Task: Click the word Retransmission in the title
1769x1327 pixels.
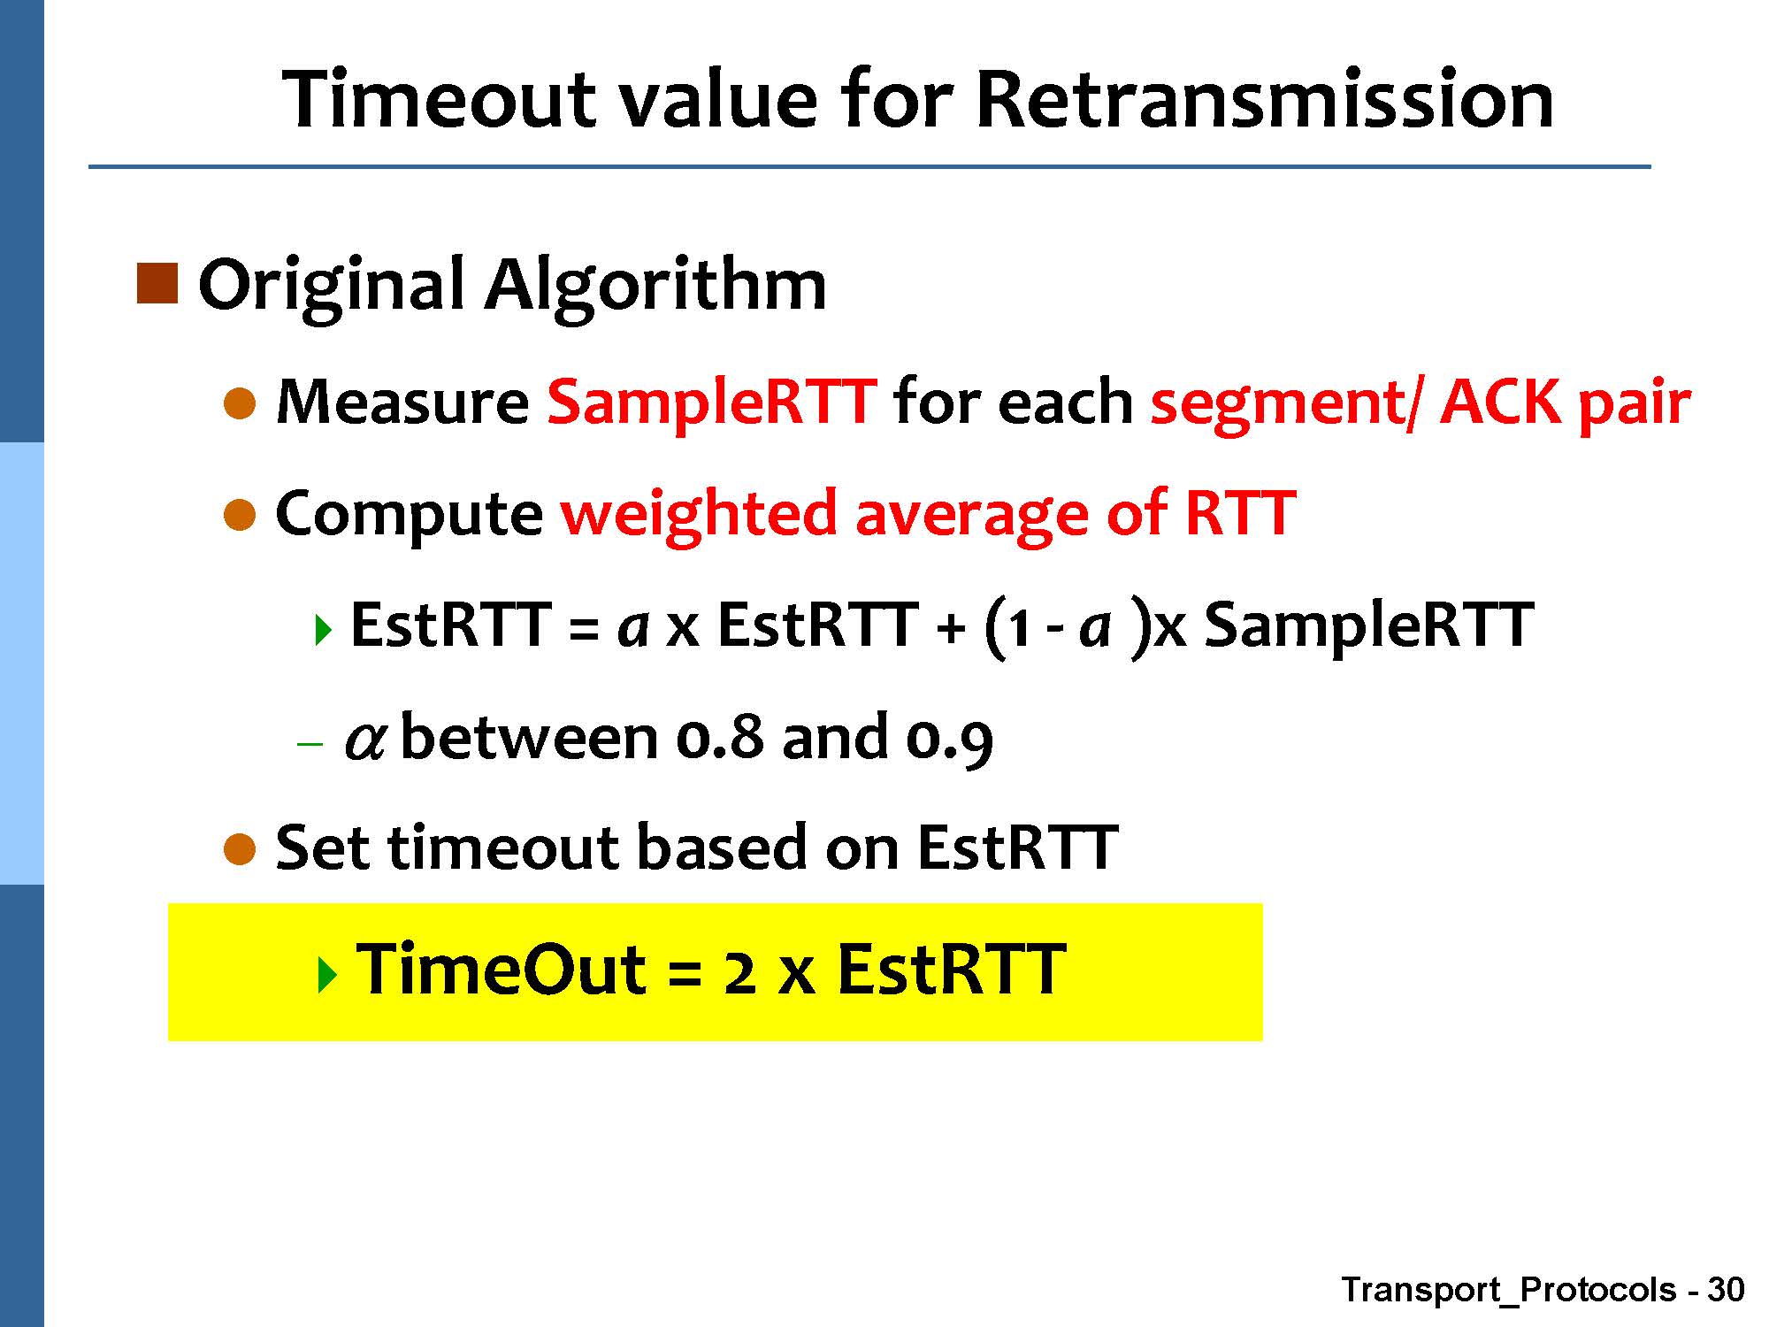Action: click(x=1265, y=99)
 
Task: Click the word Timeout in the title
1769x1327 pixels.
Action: click(x=439, y=99)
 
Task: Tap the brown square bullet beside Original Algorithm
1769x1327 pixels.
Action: click(x=157, y=284)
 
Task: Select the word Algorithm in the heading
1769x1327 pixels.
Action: click(x=655, y=286)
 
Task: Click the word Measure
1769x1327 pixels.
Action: click(x=402, y=403)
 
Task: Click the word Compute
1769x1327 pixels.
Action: click(x=410, y=515)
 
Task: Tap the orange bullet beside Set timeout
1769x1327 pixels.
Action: click(x=240, y=848)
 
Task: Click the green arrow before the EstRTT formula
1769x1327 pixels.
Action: click(x=324, y=630)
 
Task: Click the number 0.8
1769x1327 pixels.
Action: click(x=718, y=737)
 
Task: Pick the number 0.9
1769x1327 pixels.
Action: click(x=950, y=740)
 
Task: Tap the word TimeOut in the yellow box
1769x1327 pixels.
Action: click(x=502, y=970)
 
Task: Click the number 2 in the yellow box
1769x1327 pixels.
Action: click(x=739, y=972)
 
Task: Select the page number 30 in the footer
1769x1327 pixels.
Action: click(x=1726, y=1289)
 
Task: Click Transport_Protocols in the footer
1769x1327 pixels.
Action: click(x=1509, y=1291)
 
